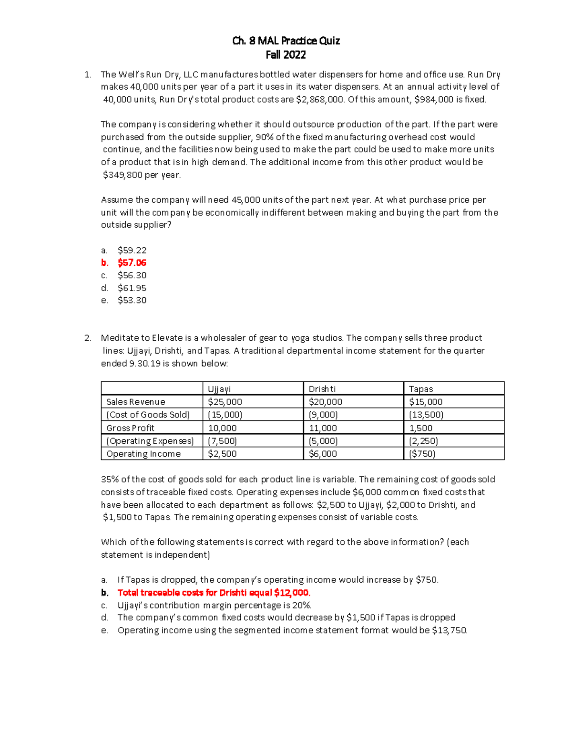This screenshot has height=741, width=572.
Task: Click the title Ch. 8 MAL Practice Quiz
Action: (286, 41)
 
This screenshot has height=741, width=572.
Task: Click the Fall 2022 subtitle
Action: (286, 55)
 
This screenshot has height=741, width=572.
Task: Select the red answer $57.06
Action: (132, 263)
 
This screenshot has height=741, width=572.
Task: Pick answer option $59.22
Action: (132, 250)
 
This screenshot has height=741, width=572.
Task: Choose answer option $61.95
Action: (132, 288)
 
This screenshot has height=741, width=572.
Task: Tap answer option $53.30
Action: (132, 301)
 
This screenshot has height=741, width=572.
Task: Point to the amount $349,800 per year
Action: (142, 175)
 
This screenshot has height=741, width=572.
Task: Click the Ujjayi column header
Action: (219, 389)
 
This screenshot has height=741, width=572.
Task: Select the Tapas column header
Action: (421, 389)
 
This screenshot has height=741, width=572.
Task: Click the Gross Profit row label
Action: (130, 428)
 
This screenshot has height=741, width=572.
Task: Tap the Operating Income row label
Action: (143, 454)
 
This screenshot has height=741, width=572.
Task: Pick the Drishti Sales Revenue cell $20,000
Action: (325, 402)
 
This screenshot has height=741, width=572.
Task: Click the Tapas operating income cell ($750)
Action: (422, 454)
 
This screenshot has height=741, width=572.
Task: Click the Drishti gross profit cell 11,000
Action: (323, 428)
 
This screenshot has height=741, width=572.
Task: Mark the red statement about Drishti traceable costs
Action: (214, 593)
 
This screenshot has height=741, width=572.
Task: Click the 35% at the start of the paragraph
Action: (109, 480)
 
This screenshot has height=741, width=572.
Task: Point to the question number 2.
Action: (87, 338)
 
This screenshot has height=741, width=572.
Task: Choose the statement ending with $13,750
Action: (292, 631)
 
